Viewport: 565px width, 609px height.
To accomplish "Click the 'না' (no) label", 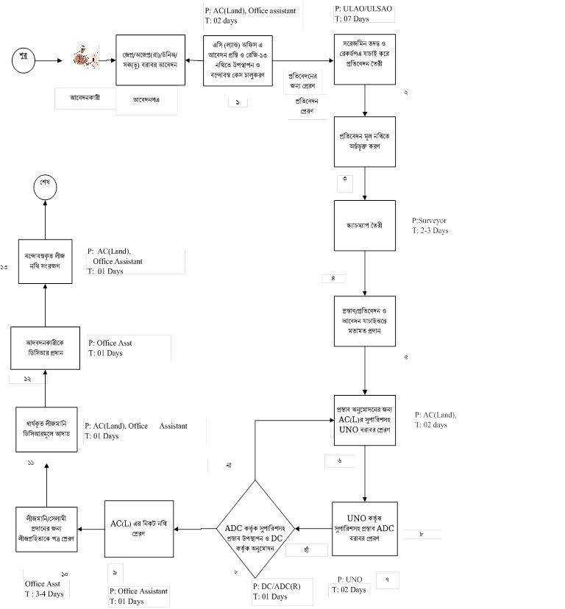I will point(230,465).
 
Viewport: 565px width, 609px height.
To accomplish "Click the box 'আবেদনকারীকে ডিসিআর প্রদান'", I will point(45,348).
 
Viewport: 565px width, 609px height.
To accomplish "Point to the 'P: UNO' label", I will point(351,580).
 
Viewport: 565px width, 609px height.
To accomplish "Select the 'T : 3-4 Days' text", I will point(45,594).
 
